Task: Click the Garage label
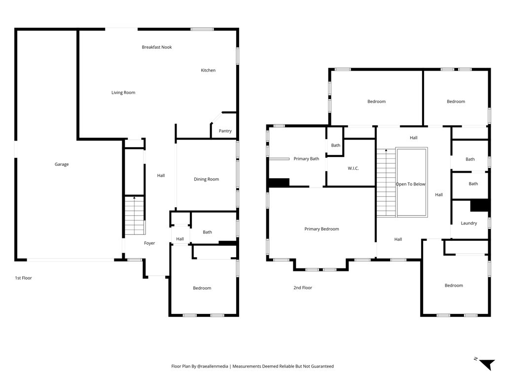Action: point(62,164)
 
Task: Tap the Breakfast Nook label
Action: point(157,47)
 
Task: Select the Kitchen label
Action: point(208,70)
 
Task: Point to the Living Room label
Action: point(123,92)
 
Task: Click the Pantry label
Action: point(225,131)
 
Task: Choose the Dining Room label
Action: point(207,179)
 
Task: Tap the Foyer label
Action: point(149,243)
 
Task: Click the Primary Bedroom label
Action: point(322,229)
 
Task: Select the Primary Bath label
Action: point(306,158)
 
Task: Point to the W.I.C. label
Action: point(353,168)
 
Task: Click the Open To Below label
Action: point(411,185)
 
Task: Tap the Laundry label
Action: point(469,223)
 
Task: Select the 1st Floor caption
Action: point(24,278)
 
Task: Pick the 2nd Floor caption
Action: point(303,288)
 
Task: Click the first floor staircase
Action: point(134,215)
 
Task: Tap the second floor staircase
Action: point(386,183)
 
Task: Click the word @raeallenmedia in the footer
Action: point(212,366)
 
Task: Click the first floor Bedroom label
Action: point(202,288)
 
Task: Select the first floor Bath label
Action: point(208,232)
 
